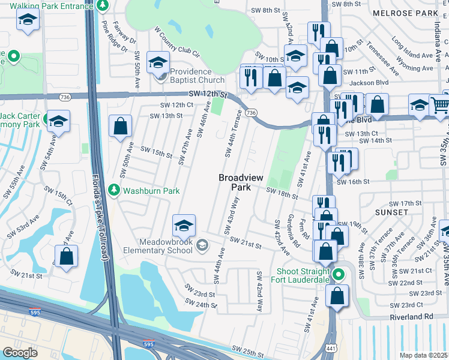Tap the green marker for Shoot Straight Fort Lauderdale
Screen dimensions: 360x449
(339, 275)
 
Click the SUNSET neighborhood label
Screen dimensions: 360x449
(391, 212)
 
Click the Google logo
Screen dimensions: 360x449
(20, 353)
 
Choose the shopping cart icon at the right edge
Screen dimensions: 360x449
(441, 105)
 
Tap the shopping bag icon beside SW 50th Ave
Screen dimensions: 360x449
(121, 126)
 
